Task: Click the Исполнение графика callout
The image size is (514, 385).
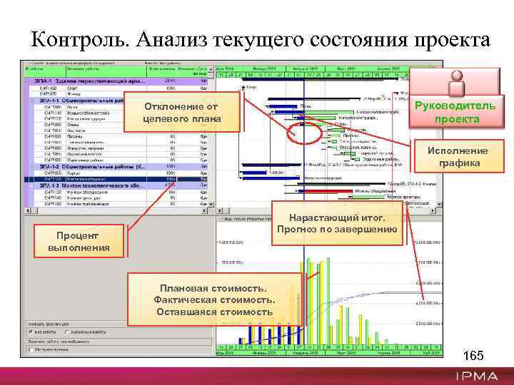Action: pos(458,157)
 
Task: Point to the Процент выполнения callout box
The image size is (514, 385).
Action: pos(79,242)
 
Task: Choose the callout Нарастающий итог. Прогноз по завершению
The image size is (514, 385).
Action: pos(336,224)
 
